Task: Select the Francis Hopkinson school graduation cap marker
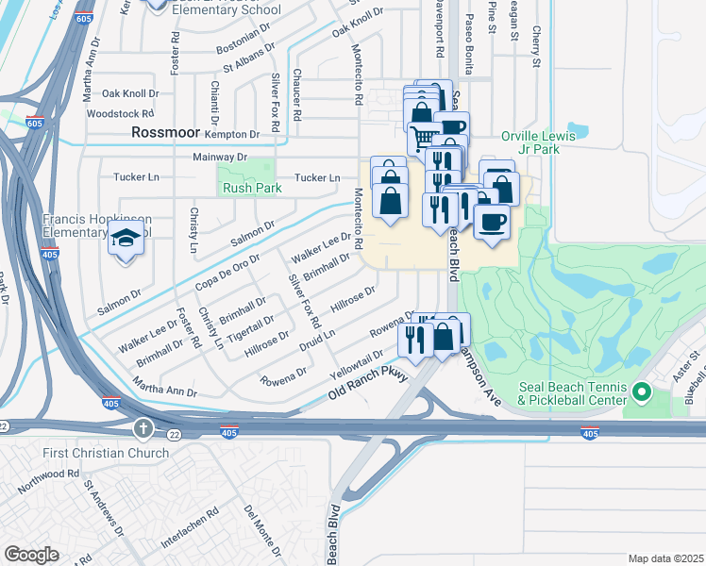pos(126,241)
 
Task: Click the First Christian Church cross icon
pos(143,430)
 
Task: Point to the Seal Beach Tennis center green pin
pos(642,391)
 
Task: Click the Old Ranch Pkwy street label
pos(368,381)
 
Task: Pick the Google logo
pos(31,555)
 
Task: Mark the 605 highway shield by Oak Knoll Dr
pos(35,123)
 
